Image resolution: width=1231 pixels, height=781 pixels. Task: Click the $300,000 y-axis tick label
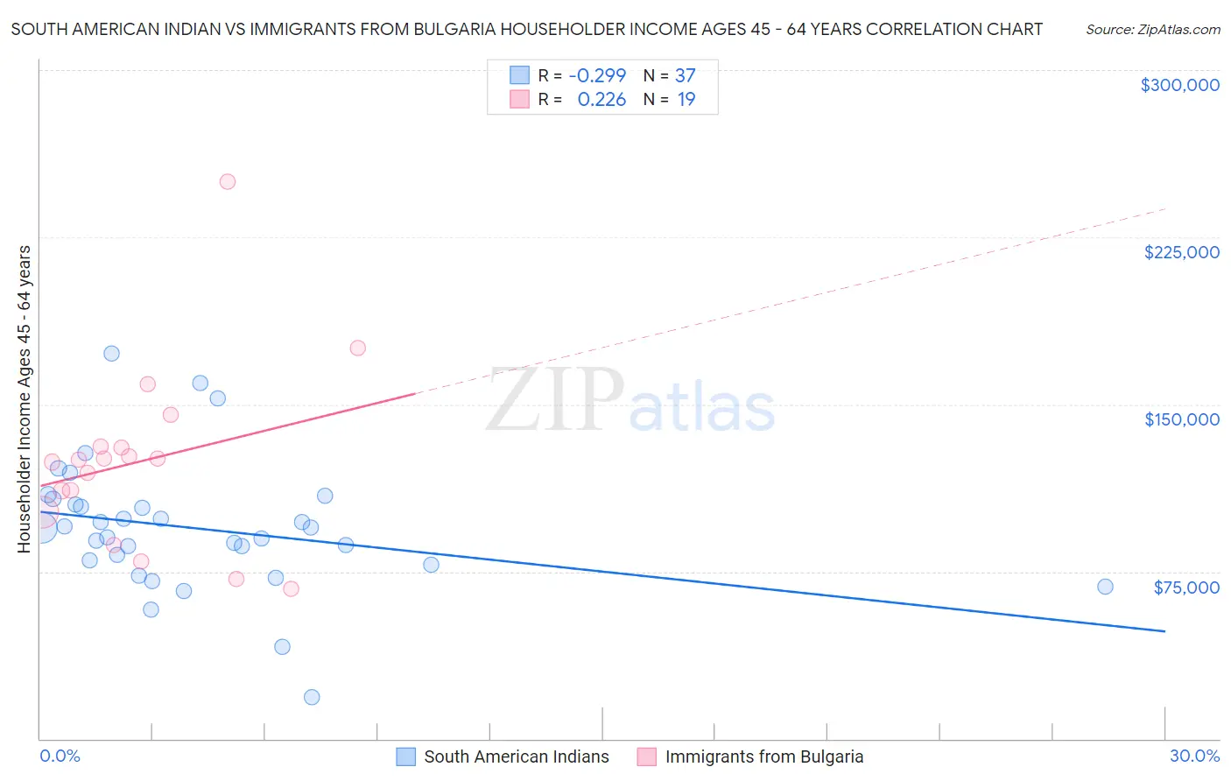[x=1179, y=85]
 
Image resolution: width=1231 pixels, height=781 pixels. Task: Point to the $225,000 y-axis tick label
[x=1181, y=252]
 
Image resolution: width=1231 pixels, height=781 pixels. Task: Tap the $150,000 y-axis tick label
[x=1181, y=419]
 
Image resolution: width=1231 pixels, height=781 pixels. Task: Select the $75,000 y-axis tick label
[x=1185, y=588]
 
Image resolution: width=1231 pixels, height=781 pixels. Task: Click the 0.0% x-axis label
[x=60, y=756]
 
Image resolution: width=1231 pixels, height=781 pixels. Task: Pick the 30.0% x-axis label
[x=1194, y=756]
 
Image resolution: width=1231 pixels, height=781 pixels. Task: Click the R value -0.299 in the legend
[x=597, y=76]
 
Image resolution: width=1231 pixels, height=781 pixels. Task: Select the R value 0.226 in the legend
[x=601, y=100]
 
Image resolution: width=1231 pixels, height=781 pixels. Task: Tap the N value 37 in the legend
[x=685, y=76]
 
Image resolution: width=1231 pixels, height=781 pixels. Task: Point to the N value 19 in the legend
[x=686, y=100]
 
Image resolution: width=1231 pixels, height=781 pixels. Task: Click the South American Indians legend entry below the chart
[x=516, y=756]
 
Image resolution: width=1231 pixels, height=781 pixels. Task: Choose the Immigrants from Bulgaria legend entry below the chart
[x=763, y=756]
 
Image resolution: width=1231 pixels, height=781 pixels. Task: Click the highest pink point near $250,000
[x=228, y=182]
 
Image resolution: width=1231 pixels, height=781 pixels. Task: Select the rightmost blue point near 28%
[x=1105, y=587]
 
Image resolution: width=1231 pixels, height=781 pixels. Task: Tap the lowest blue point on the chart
[x=312, y=697]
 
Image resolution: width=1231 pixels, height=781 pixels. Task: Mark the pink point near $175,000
[x=357, y=348]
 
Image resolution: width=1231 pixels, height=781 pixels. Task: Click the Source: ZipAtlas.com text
[x=1152, y=30]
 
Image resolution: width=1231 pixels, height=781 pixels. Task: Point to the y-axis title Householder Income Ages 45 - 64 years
[x=25, y=399]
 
